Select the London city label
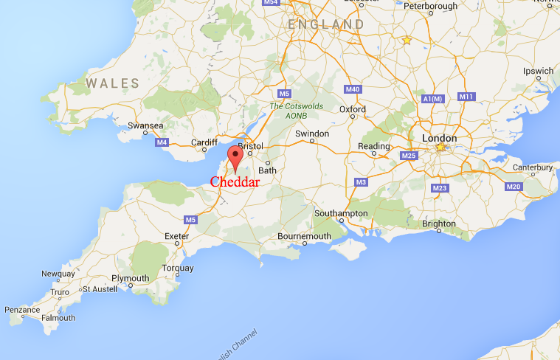[x=439, y=139]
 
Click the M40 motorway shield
[x=353, y=89]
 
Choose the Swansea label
[x=145, y=126]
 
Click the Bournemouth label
[x=304, y=236]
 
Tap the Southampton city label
[x=341, y=213]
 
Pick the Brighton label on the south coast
[x=438, y=224]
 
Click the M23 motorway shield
[x=440, y=188]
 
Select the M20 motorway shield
[x=514, y=187]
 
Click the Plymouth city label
[x=130, y=279]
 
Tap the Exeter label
[x=178, y=236]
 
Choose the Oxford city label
[x=353, y=109]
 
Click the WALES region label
[x=113, y=83]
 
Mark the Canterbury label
[x=533, y=167]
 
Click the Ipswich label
[x=538, y=72]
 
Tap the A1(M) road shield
[x=433, y=99]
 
